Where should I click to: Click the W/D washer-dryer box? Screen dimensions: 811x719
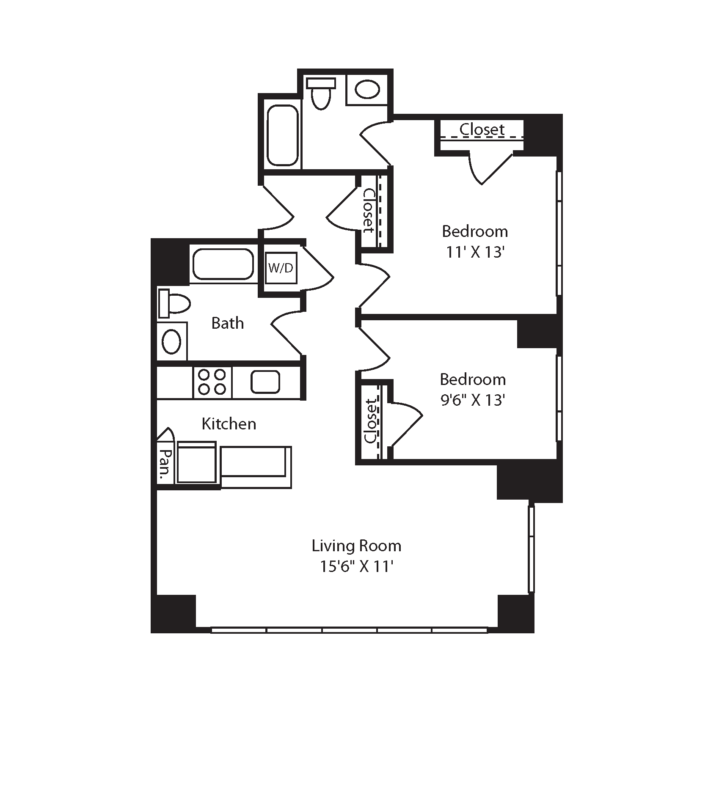click(x=281, y=268)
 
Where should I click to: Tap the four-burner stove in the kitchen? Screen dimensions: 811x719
click(x=212, y=382)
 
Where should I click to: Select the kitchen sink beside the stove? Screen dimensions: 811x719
click(x=265, y=382)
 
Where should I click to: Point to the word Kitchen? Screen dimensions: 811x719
click(x=229, y=424)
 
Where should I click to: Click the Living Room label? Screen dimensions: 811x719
click(x=356, y=546)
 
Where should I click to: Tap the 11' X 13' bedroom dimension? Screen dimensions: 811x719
click(x=475, y=253)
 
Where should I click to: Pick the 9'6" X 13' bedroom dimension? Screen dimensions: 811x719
click(x=473, y=400)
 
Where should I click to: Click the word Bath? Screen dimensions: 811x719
click(x=228, y=323)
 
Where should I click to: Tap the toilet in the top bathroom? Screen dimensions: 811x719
click(x=321, y=93)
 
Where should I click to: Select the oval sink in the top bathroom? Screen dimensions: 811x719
click(x=367, y=90)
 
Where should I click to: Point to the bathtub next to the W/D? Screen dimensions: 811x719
click(x=223, y=264)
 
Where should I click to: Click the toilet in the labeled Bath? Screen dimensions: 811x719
click(x=174, y=303)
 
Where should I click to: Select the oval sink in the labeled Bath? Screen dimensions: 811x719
click(x=172, y=341)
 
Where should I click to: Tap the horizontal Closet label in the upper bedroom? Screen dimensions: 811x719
click(x=482, y=129)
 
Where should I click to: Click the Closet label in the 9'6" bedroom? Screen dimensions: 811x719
click(x=370, y=421)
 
